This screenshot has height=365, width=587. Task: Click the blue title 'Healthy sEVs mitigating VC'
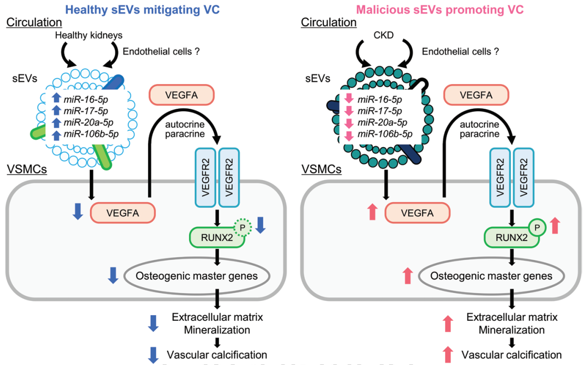(142, 9)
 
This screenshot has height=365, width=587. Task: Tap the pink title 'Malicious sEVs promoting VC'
(439, 9)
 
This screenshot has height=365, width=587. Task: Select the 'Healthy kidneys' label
(89, 35)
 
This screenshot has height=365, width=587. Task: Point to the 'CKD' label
(384, 35)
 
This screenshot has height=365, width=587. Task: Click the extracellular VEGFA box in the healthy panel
(182, 95)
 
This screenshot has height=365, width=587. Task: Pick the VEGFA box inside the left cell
(123, 213)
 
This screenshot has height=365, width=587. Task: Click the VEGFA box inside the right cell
(417, 213)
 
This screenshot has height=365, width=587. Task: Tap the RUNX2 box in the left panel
(217, 237)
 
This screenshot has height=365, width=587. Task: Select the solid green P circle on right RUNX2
(538, 227)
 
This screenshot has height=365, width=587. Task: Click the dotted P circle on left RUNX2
(243, 227)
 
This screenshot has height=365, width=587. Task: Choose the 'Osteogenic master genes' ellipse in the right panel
(491, 276)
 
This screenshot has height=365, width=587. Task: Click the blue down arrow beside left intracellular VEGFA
(78, 211)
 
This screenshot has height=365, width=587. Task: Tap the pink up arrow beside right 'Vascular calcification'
(448, 354)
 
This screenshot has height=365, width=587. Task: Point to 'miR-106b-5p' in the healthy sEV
(91, 134)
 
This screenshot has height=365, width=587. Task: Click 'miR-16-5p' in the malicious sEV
(380, 99)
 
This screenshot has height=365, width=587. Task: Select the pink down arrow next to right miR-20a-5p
(349, 123)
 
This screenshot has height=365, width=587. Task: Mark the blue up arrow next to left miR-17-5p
(56, 110)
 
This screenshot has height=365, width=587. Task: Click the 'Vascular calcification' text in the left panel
(217, 354)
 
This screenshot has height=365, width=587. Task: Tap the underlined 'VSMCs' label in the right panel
(321, 169)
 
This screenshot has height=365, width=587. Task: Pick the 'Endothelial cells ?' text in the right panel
(460, 51)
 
